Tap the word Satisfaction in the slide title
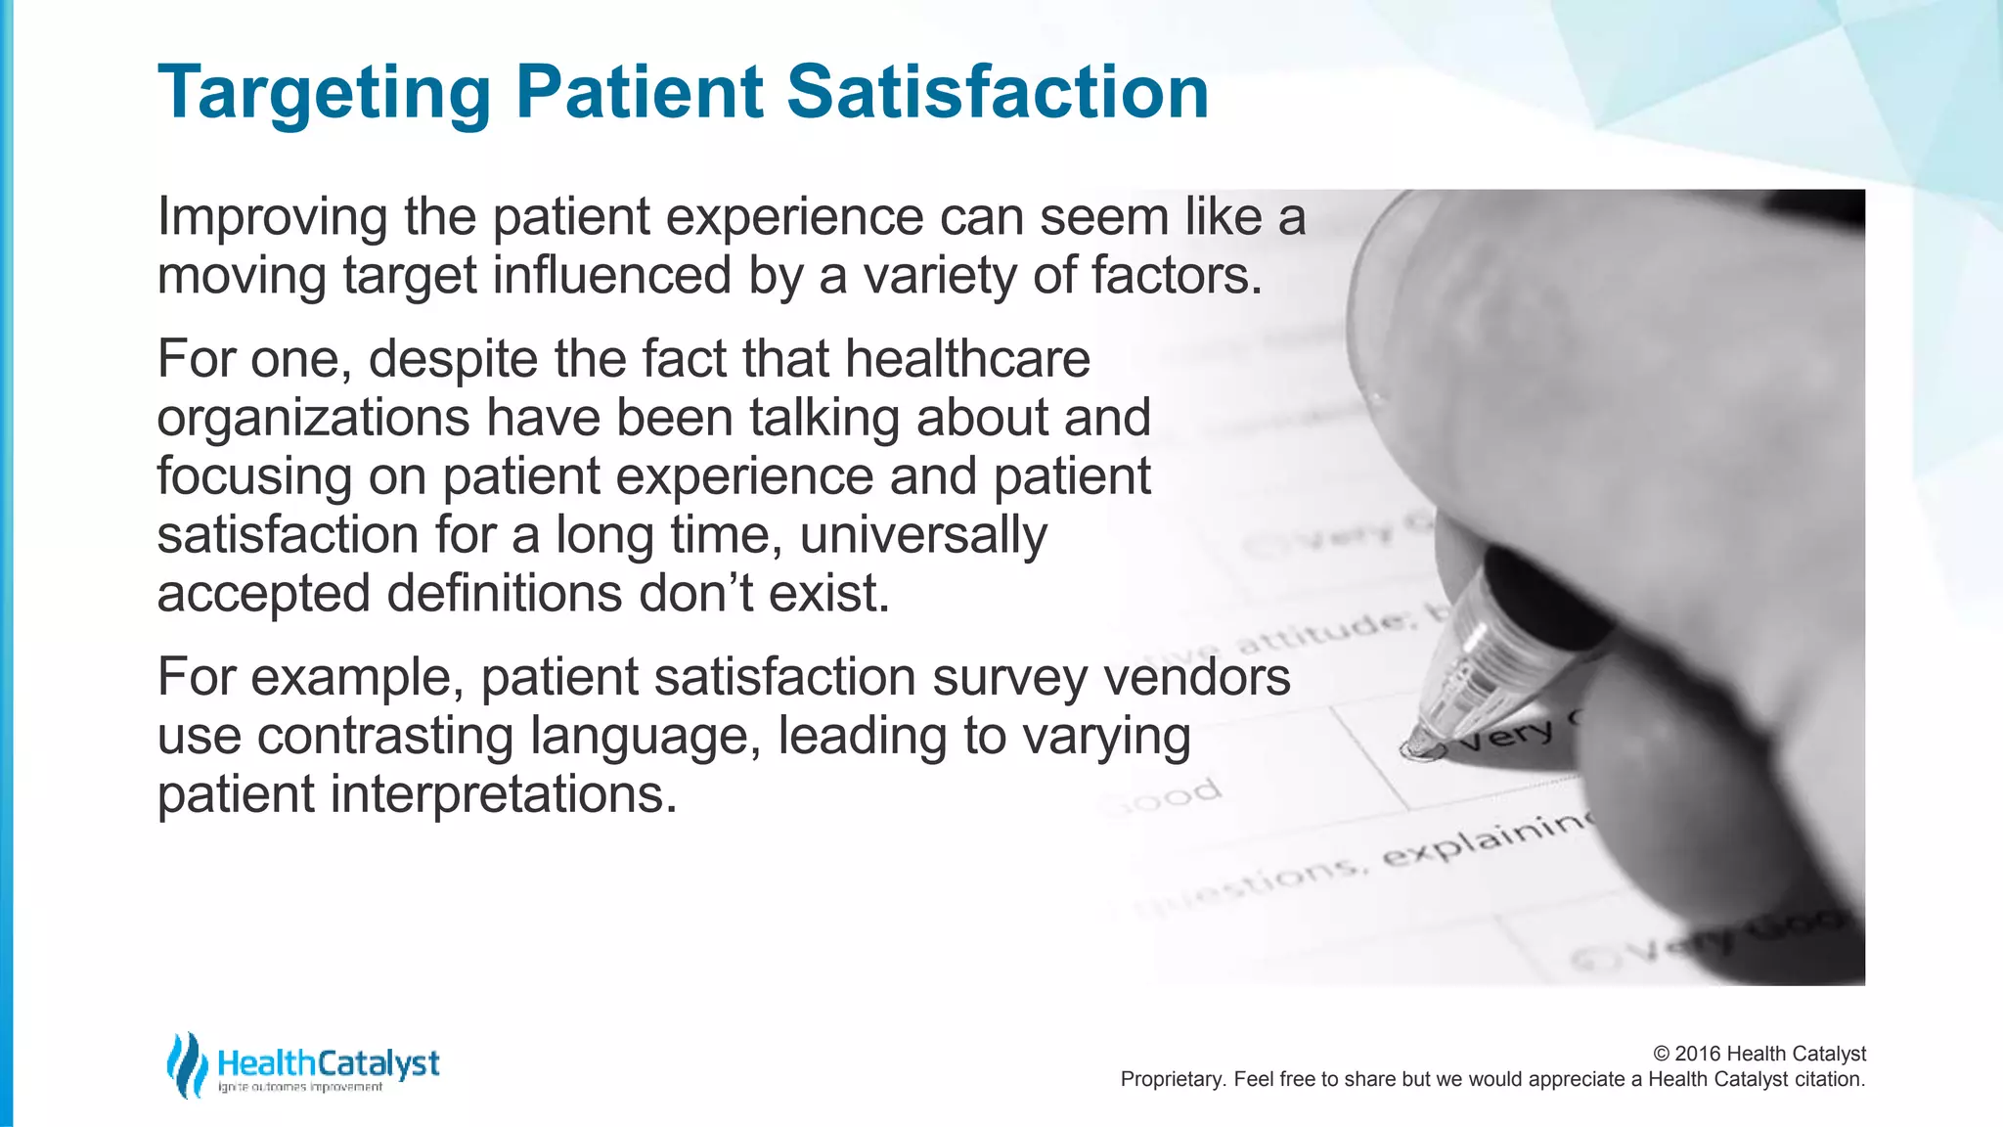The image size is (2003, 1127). click(x=997, y=92)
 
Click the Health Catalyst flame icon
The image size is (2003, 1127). click(x=186, y=1064)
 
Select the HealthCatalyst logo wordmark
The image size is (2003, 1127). click(x=328, y=1062)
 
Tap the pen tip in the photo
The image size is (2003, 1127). click(x=1420, y=749)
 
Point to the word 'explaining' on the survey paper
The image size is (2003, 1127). click(x=1487, y=838)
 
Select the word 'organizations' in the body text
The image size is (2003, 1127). click(x=313, y=419)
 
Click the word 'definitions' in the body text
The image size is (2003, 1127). click(x=504, y=594)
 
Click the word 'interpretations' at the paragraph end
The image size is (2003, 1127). click(x=503, y=794)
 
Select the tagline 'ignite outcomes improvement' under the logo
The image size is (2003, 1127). click(x=300, y=1087)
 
